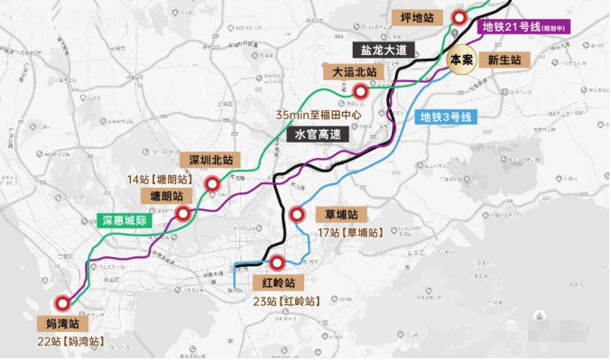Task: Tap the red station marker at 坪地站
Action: [x=459, y=18]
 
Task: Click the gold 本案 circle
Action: [x=461, y=60]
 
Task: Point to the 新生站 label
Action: [x=505, y=60]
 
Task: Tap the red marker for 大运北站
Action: [x=361, y=89]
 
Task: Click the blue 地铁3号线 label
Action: [x=446, y=116]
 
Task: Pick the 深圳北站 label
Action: [x=211, y=160]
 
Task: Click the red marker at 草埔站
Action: [x=299, y=215]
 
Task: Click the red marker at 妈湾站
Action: [x=62, y=304]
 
